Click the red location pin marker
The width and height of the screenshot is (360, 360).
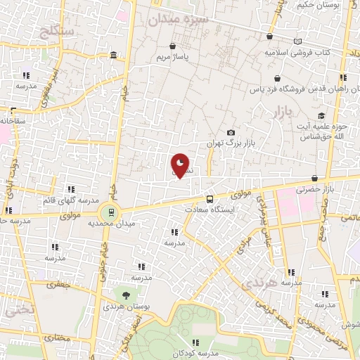(x=180, y=165)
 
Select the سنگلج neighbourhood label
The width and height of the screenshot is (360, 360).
(x=49, y=30)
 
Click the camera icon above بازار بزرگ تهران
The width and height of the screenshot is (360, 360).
(x=231, y=132)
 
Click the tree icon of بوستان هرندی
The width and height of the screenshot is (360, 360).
(x=126, y=295)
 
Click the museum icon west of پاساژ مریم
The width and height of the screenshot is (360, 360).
(x=113, y=56)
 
